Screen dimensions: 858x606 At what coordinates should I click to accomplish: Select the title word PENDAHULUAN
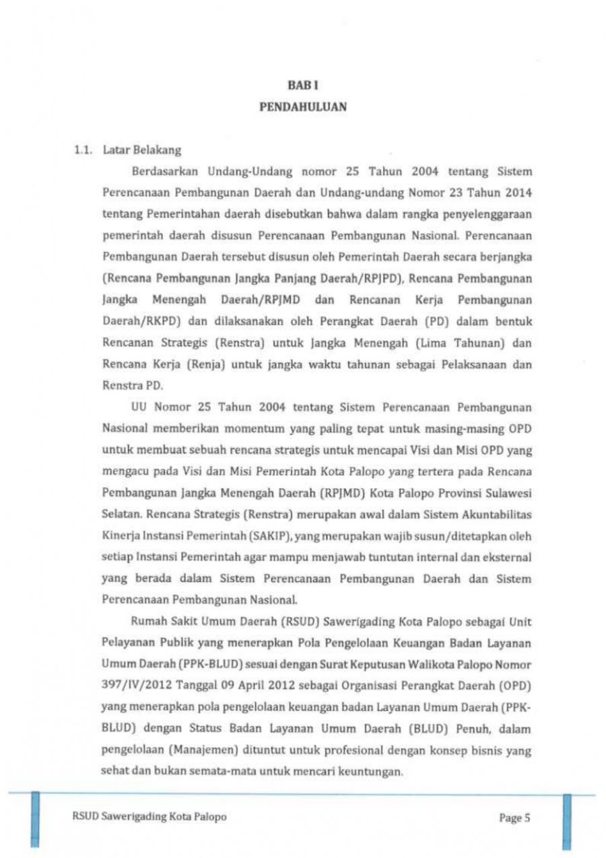[303, 106]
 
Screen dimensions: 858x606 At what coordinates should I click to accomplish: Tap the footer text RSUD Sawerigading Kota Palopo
[149, 817]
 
